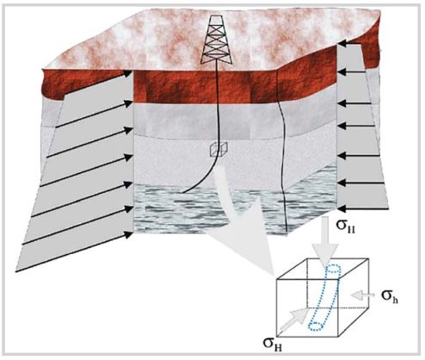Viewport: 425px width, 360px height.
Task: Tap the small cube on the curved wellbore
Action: coord(218,150)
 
